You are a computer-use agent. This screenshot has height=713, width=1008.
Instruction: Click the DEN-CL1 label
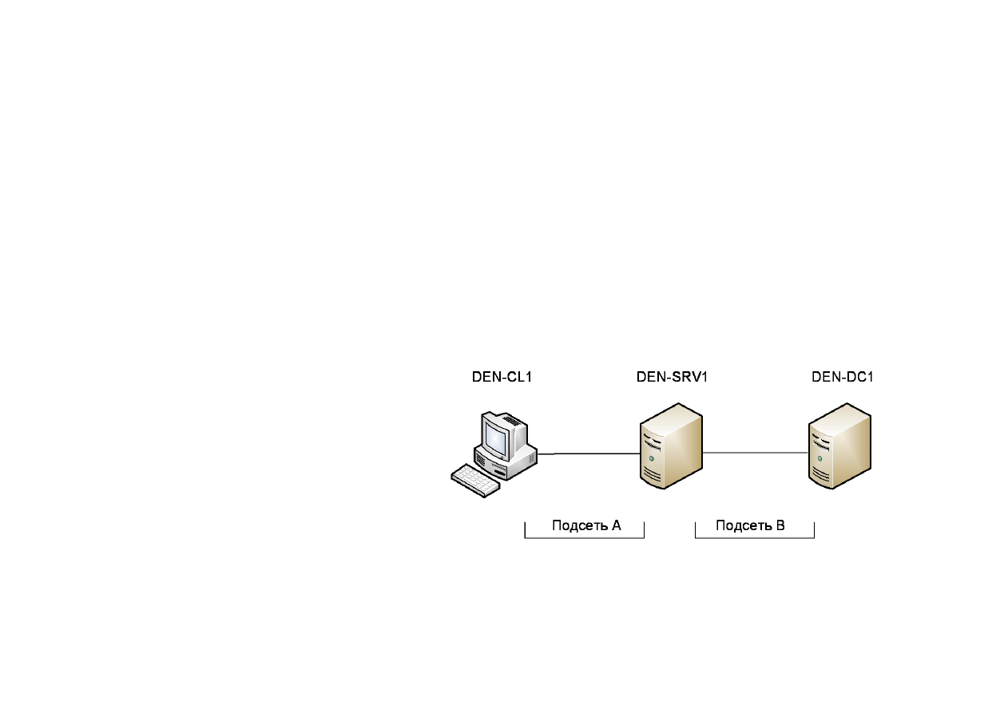(502, 377)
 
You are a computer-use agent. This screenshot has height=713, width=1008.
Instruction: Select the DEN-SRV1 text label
(672, 377)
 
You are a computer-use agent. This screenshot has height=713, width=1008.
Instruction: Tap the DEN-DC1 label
(842, 377)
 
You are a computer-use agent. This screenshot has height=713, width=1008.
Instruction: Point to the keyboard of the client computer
(475, 481)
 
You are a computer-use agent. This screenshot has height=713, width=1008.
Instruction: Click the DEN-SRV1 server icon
(671, 446)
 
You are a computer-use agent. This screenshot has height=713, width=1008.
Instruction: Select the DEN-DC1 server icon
(839, 446)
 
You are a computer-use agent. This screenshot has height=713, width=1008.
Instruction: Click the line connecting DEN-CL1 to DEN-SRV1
(589, 454)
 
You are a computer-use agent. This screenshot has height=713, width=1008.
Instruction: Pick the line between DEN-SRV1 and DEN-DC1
(756, 453)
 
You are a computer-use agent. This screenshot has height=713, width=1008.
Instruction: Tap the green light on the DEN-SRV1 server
(651, 458)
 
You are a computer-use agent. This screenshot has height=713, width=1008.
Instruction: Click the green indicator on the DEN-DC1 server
(819, 458)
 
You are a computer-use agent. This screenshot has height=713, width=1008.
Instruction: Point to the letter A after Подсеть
(616, 525)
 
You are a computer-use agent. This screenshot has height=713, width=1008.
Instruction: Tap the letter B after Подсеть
(780, 525)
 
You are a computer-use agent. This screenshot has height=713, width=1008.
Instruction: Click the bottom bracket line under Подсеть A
(584, 537)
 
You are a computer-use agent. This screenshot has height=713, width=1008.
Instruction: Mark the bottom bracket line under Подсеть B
(755, 537)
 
